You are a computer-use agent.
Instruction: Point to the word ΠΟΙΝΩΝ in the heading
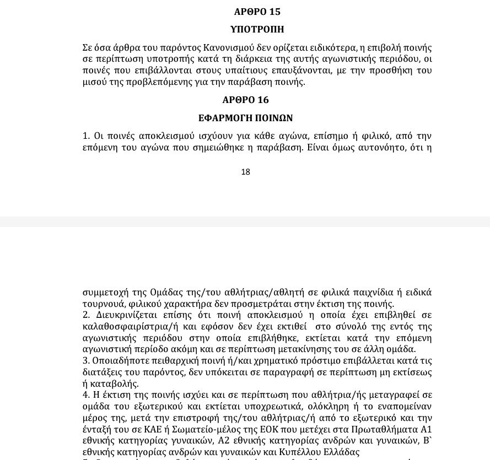pyautogui.click(x=272, y=118)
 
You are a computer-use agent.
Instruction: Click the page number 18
pyautogui.click(x=245, y=172)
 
